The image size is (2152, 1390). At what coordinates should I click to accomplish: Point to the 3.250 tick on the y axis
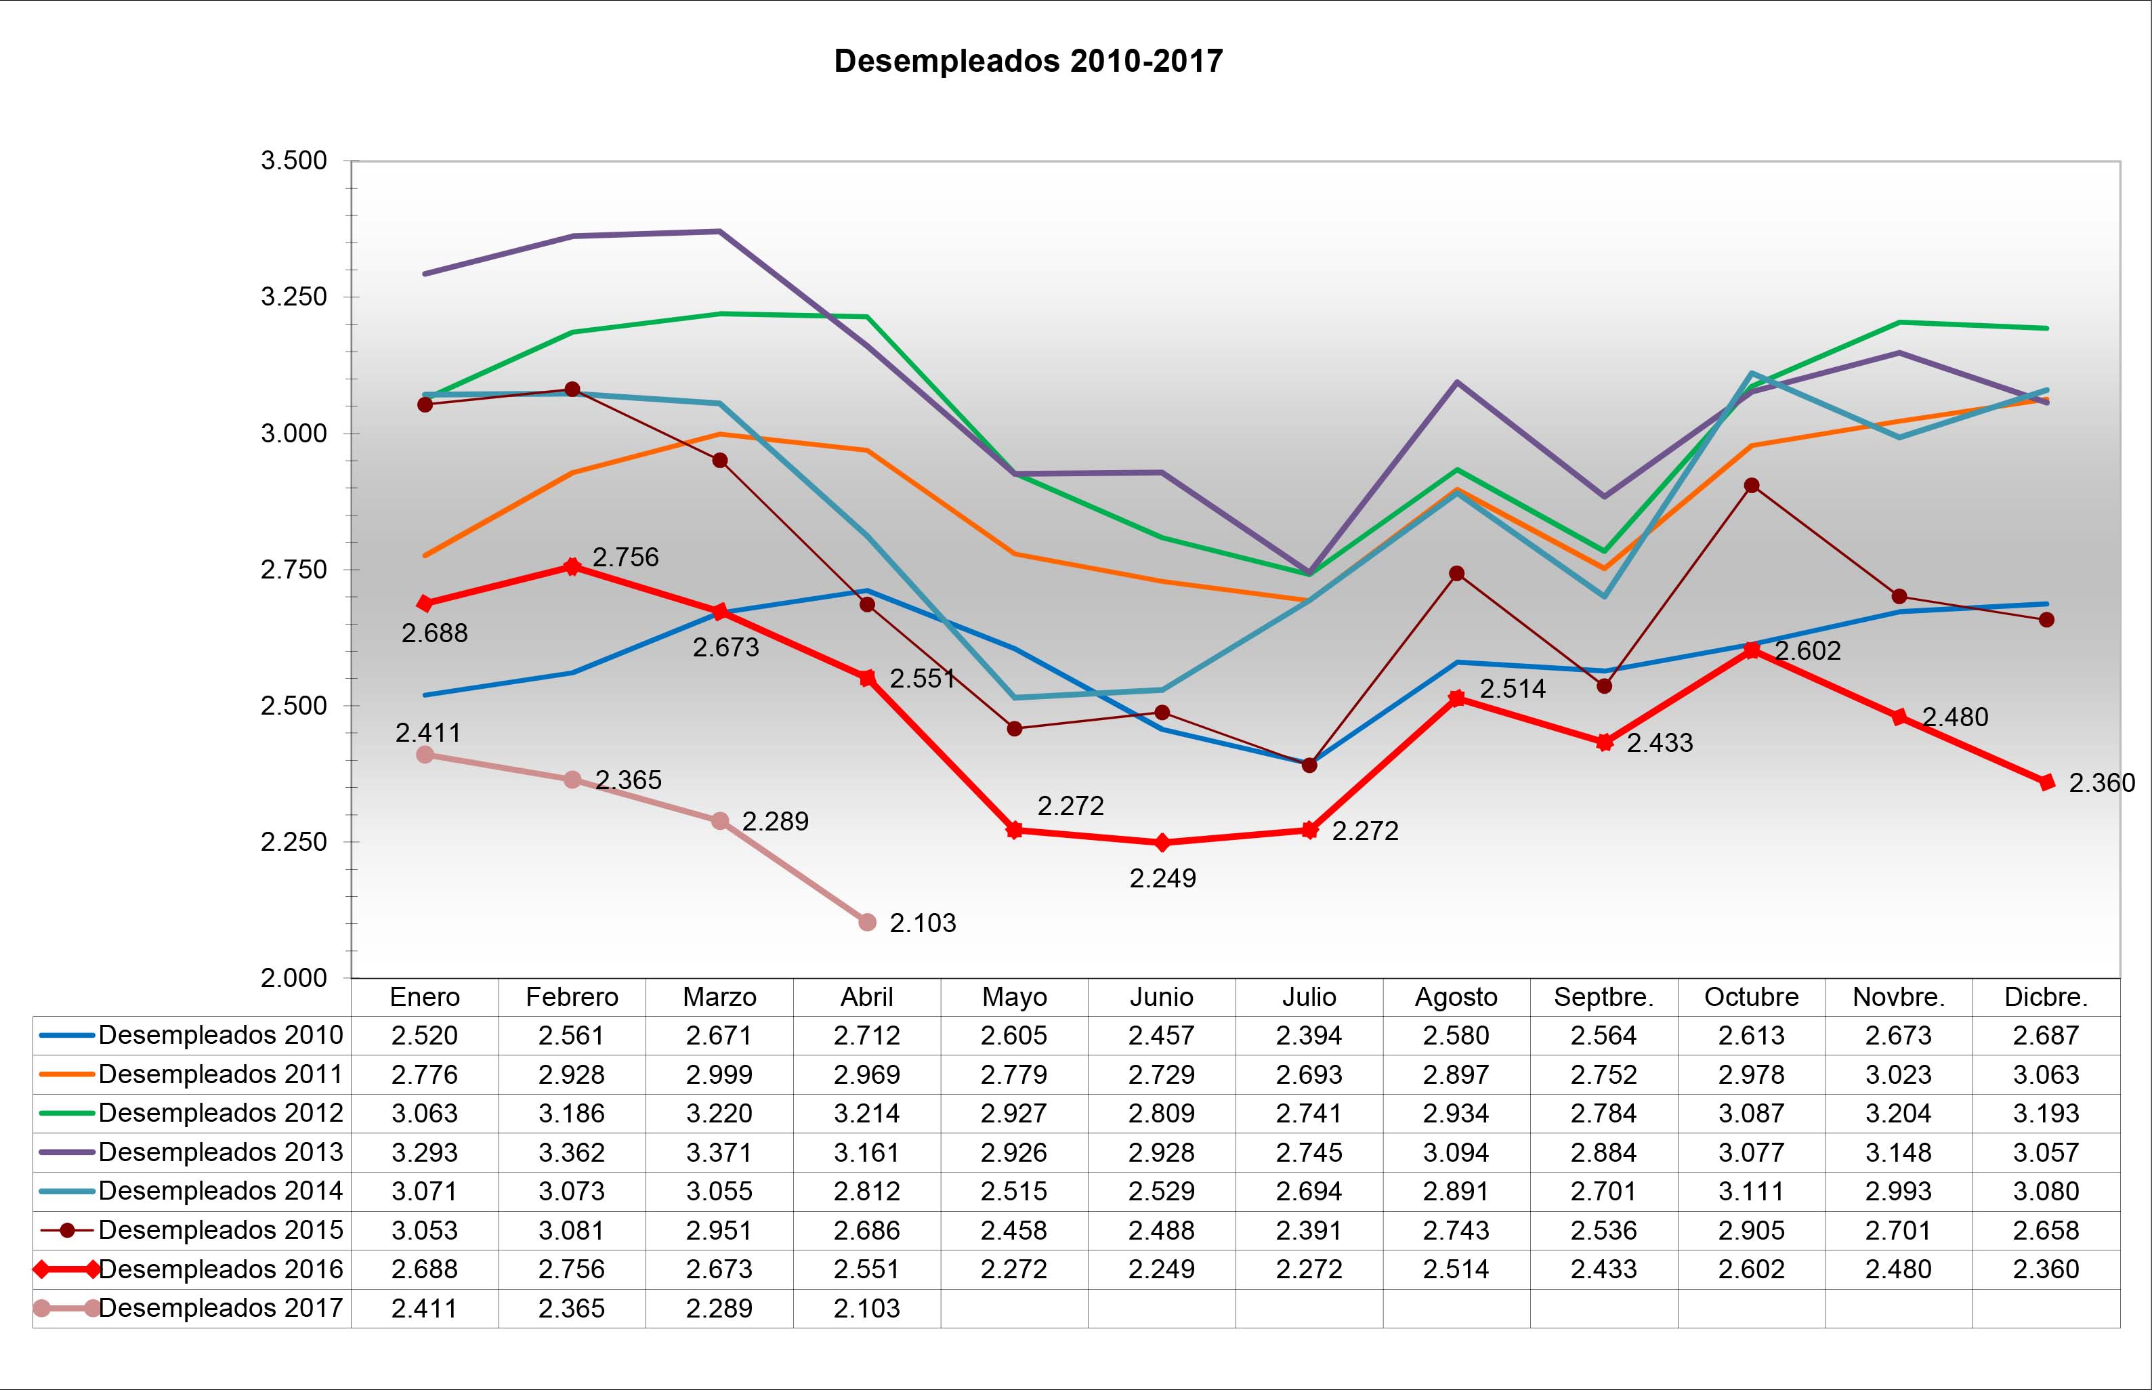[293, 297]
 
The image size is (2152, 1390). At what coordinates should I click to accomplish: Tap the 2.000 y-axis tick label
[293, 978]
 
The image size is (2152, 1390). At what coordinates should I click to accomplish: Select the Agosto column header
[1456, 997]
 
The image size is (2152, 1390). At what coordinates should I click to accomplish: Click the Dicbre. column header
[2046, 997]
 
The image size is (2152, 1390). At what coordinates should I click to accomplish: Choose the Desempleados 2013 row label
[220, 1153]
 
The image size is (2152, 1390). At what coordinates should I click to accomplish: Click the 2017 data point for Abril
[867, 921]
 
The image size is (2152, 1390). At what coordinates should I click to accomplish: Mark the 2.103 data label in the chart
[922, 923]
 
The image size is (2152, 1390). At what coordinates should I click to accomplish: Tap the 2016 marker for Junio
[1162, 842]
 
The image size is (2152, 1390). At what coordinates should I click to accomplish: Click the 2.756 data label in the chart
[625, 557]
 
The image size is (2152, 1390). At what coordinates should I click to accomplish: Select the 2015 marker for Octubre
[1752, 486]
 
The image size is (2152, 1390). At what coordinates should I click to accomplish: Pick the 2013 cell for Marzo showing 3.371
[719, 1153]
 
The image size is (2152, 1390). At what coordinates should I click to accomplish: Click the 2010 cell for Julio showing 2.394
[1309, 1035]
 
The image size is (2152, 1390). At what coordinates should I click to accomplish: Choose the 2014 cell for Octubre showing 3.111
[1752, 1192]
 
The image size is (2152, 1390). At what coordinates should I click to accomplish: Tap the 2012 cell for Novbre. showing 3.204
[1899, 1114]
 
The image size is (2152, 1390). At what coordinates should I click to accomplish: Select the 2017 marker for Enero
[425, 755]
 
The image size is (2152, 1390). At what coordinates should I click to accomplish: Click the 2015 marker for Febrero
[572, 389]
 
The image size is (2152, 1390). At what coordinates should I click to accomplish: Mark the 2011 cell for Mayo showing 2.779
[1014, 1075]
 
